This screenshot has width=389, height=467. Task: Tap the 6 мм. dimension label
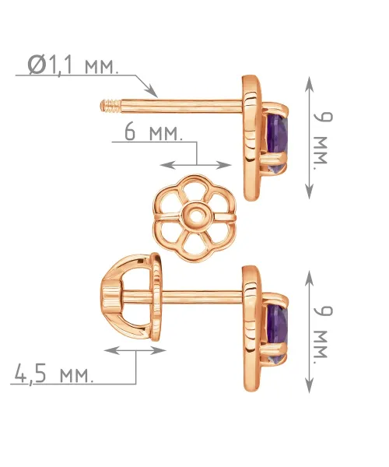click(153, 132)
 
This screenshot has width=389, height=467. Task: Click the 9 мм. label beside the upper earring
click(323, 138)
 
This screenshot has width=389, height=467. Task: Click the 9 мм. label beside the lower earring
click(323, 332)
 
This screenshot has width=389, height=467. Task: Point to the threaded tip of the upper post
click(110, 106)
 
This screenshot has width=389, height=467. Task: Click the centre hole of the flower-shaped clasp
click(196, 216)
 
